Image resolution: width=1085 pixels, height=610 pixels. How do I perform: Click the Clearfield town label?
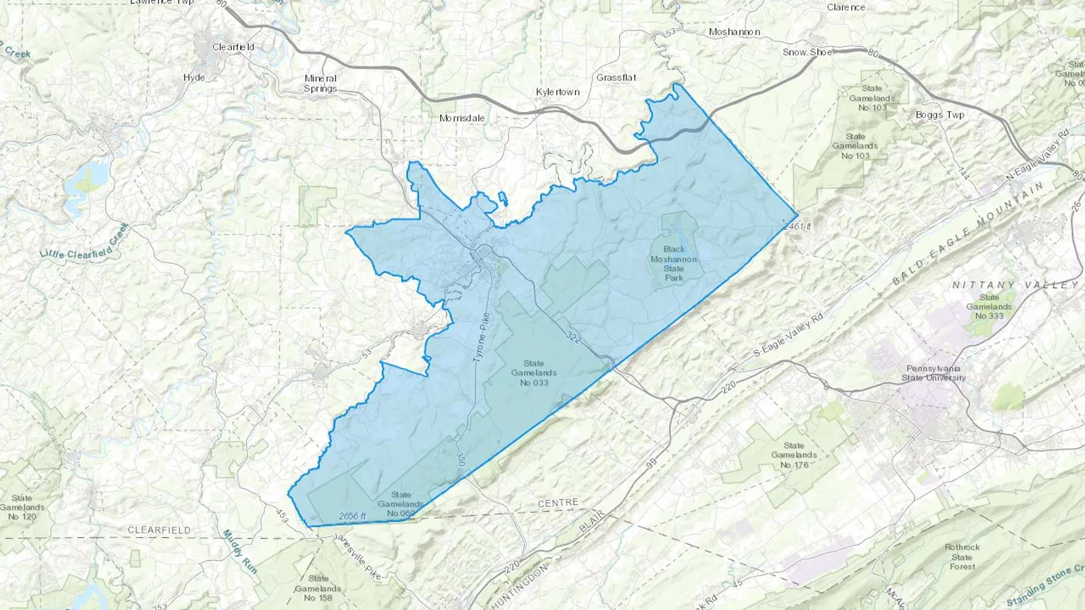tap(233, 47)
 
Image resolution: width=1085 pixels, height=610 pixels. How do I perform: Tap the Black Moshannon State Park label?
tap(674, 263)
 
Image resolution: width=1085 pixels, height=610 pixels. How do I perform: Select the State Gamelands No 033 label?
tap(533, 373)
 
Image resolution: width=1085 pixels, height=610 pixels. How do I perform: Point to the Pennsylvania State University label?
tap(933, 373)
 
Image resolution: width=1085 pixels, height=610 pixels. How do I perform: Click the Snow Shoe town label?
tap(807, 52)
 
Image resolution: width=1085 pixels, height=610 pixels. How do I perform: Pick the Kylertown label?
tap(558, 92)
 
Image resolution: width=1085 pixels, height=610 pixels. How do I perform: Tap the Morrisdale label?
tap(462, 118)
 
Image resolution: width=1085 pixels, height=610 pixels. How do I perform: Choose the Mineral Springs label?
tap(320, 83)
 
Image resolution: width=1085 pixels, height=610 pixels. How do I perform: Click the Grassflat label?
tap(616, 78)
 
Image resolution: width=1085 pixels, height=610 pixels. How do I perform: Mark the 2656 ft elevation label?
tap(352, 516)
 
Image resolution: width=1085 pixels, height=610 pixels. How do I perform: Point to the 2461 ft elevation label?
tap(799, 226)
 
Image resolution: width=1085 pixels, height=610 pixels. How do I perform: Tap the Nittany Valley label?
tap(1015, 285)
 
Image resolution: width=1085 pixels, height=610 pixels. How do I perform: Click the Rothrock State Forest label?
tap(962, 556)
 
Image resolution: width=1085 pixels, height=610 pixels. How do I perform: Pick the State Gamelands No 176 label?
tap(794, 455)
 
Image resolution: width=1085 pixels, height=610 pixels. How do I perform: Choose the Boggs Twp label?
tap(940, 115)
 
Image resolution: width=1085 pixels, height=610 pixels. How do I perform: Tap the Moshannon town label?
tap(734, 32)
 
